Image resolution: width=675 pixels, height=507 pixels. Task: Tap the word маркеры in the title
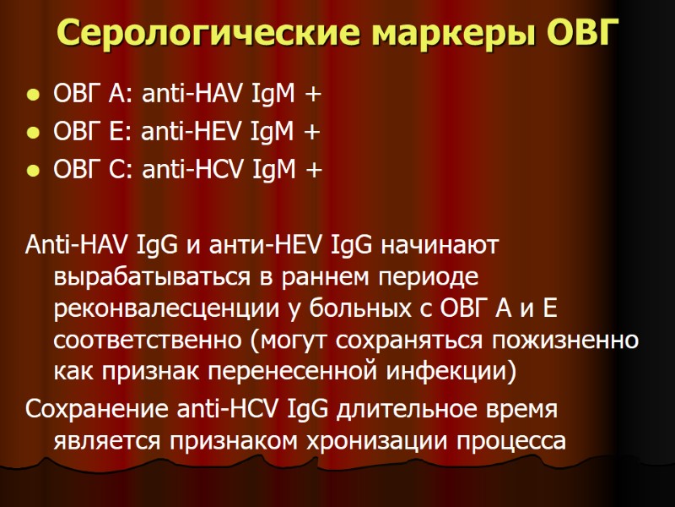429,34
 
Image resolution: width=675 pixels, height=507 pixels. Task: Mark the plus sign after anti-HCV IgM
314,172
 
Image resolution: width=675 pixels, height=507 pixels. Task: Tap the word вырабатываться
144,278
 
